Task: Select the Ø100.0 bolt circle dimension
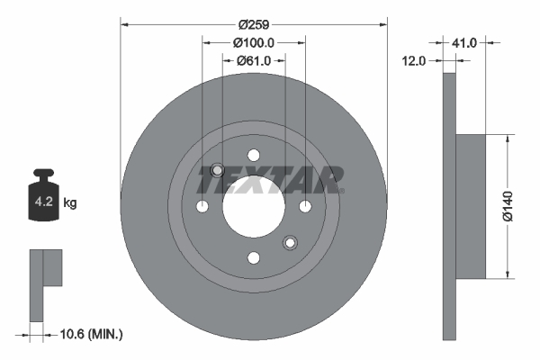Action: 253,42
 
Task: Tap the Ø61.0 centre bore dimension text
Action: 254,60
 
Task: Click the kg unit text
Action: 70,203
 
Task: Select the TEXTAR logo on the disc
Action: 271,180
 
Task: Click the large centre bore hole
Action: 253,206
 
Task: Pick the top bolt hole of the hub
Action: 253,155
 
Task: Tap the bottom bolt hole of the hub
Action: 253,258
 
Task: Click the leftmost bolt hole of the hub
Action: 202,207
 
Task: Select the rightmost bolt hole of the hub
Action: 305,207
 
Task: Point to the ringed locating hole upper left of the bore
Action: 217,171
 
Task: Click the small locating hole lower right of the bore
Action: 289,242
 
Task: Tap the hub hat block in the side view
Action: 471,206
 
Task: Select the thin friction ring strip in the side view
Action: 450,207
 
